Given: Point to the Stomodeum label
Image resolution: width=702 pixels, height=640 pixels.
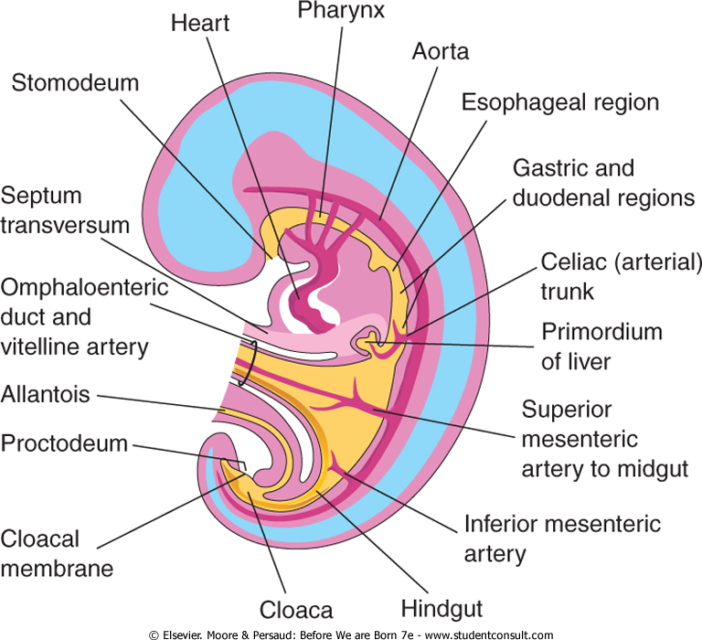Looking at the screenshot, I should coord(75,83).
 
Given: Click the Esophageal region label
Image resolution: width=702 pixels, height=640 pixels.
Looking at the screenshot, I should coord(560,101).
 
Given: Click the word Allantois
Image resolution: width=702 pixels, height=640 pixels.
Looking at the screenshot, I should coord(45,396).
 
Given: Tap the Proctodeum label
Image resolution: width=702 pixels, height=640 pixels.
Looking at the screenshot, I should coord(64,444).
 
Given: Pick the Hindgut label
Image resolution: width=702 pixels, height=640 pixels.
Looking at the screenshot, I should coord(441,608).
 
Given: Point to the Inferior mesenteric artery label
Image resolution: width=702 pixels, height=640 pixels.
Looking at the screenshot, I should coord(562,539).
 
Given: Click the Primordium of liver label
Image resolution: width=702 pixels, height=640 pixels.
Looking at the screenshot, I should coord(602,346).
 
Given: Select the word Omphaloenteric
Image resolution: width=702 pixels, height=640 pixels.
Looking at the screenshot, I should coord(84,288).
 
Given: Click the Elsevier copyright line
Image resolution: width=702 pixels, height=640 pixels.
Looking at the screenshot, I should coord(350,634).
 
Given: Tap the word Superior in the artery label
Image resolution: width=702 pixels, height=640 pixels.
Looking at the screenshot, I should coord(568,409).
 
